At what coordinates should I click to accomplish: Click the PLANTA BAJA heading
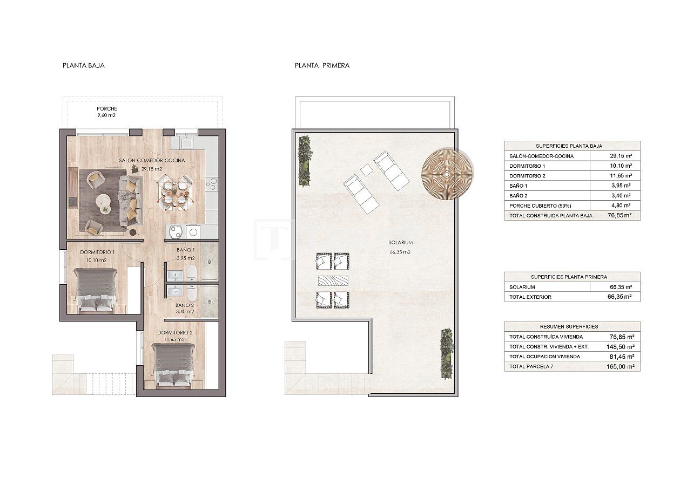click(84, 65)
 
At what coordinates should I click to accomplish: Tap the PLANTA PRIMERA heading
click(322, 65)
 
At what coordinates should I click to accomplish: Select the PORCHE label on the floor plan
click(107, 108)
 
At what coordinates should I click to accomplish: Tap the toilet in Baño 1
click(191, 272)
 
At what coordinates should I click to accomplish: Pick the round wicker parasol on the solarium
click(447, 174)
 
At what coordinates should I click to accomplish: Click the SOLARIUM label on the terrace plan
click(400, 242)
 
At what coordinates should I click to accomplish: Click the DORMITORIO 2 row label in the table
click(527, 176)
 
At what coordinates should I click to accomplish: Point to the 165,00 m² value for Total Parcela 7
click(621, 366)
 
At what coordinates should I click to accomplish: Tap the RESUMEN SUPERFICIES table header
click(571, 326)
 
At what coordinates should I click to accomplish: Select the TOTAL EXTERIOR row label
click(530, 297)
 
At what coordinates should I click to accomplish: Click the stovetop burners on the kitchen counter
click(211, 184)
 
